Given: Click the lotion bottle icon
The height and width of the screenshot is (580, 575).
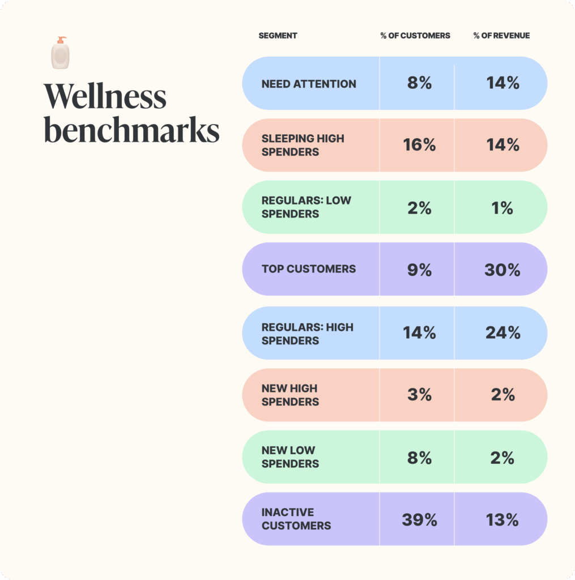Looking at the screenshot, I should [x=61, y=53].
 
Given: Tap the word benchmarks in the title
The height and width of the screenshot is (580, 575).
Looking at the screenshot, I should [x=131, y=131].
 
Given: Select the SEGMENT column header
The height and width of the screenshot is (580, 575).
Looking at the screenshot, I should [x=278, y=36].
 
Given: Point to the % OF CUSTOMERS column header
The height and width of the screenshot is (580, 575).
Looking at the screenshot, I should [x=415, y=36].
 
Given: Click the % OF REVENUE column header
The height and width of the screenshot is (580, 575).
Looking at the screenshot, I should [x=501, y=36].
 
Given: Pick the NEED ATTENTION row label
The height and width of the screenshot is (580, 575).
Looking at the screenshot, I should [x=309, y=84].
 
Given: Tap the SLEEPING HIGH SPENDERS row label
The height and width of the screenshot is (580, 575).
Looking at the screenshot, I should [x=303, y=145].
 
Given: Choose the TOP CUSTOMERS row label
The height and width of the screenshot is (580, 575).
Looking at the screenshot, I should [x=309, y=269].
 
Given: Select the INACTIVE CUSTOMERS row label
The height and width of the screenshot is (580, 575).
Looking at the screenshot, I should [x=296, y=519].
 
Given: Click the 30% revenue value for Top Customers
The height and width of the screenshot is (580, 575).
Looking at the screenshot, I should [x=502, y=270].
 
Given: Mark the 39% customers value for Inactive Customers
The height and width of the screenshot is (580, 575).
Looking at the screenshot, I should [x=419, y=520].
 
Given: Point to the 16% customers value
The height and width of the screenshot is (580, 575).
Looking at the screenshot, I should [x=419, y=145].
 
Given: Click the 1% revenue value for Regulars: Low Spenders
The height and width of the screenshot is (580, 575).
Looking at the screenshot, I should [x=502, y=208].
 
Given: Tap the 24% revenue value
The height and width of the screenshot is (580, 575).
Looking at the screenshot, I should [x=502, y=332].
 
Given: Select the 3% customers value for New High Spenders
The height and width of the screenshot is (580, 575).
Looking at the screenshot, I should [x=419, y=395].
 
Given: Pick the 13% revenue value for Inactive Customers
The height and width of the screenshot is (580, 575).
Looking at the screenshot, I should [x=502, y=520].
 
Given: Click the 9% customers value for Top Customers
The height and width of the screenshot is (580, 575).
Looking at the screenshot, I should [x=419, y=270].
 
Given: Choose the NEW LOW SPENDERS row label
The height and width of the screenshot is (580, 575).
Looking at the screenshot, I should [x=290, y=457].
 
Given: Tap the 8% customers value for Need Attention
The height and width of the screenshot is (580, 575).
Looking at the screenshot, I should [x=419, y=83].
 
